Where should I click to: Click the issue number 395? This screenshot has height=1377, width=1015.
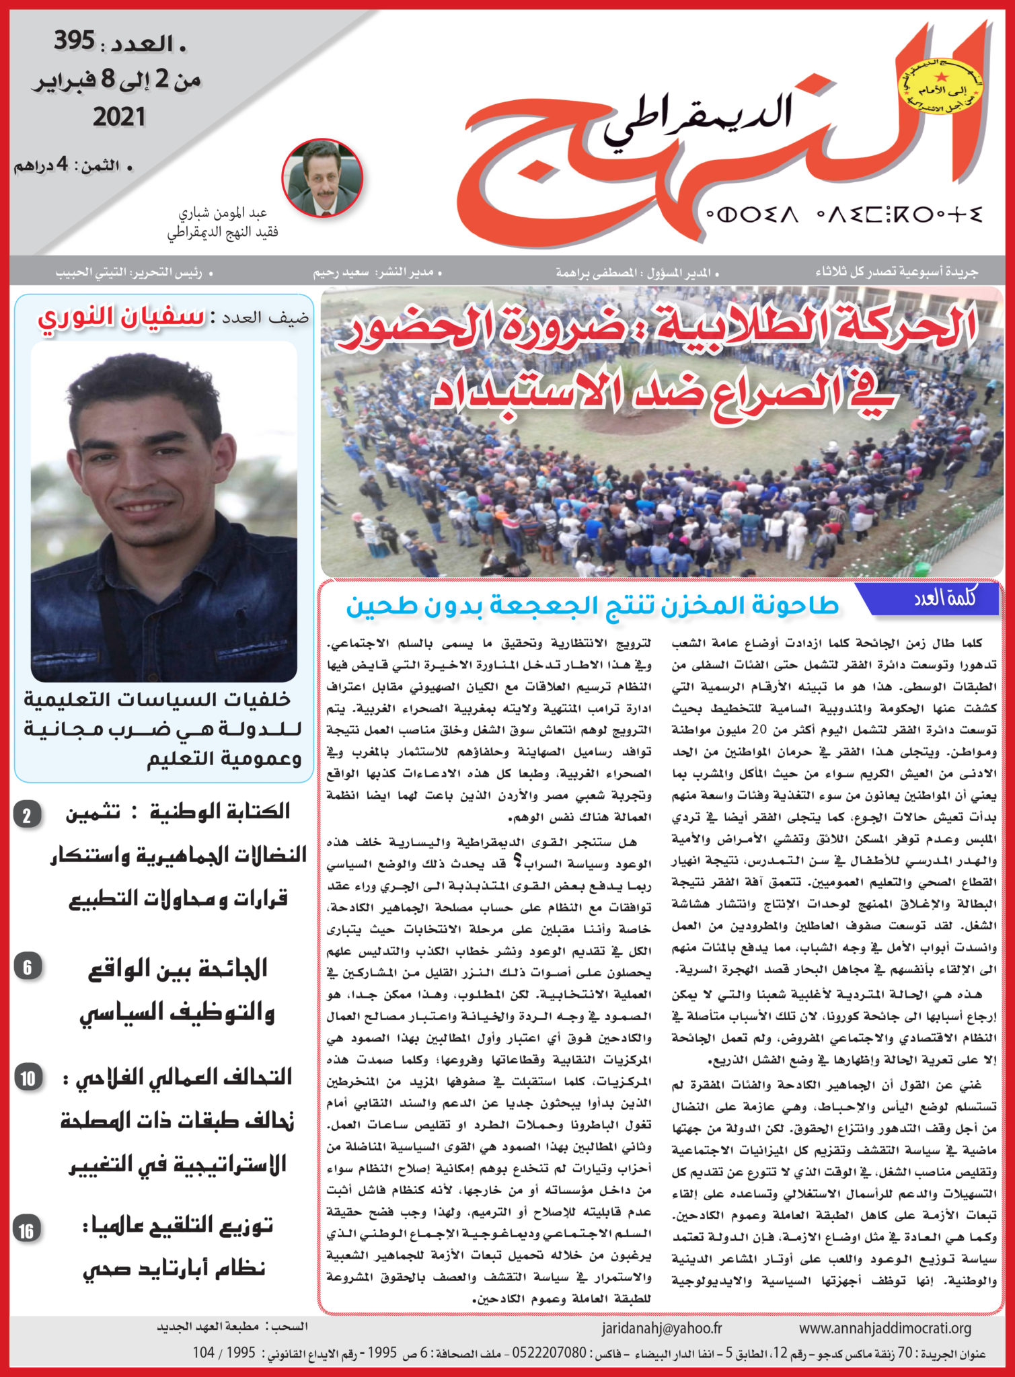(75, 42)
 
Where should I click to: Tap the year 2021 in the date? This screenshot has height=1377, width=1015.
(118, 117)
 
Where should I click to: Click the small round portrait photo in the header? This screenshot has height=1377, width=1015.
(322, 178)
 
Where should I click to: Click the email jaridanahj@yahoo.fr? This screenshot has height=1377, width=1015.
(661, 1328)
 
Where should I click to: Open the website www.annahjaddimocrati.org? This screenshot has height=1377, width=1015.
(885, 1328)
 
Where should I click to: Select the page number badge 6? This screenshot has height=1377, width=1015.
(28, 968)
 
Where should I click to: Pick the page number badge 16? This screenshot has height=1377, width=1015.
(27, 1230)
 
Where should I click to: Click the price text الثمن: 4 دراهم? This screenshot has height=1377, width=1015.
(73, 166)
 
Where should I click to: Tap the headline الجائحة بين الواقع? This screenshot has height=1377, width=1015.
(178, 969)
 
